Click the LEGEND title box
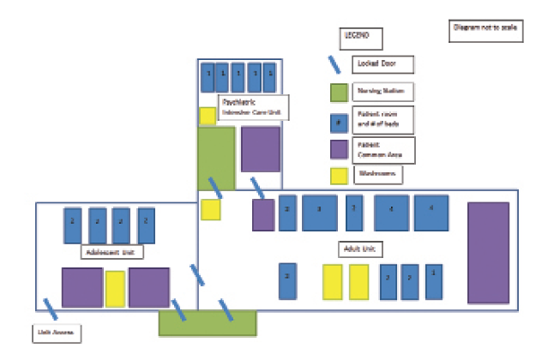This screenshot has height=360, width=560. [x=360, y=39]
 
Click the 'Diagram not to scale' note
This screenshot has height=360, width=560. [x=485, y=29]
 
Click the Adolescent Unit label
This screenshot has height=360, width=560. [x=112, y=252]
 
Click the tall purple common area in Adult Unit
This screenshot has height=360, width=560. [x=488, y=253]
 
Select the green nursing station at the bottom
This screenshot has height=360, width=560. [x=208, y=323]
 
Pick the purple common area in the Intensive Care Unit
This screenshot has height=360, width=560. [x=260, y=149]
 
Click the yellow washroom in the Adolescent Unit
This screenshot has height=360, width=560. [x=115, y=289]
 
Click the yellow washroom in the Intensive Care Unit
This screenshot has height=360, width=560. [x=207, y=116]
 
